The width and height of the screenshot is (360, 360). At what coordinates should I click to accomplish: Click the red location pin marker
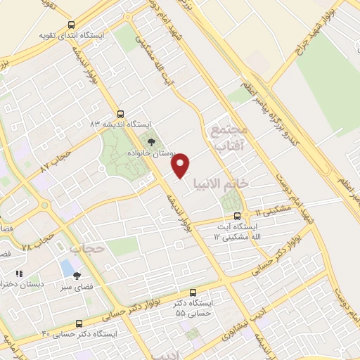pyautogui.click(x=181, y=165)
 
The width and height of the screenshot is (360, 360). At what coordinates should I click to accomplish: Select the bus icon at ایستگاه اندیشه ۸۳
pyautogui.click(x=120, y=112)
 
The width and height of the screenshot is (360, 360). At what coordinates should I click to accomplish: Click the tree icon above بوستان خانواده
pyautogui.click(x=151, y=142)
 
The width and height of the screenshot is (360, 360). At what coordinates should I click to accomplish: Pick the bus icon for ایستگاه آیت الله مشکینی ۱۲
pyautogui.click(x=236, y=216)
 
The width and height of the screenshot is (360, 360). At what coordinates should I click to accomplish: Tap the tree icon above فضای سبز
pyautogui.click(x=77, y=276)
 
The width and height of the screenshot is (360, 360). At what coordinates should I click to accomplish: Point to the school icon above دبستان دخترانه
pyautogui.click(x=19, y=274)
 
